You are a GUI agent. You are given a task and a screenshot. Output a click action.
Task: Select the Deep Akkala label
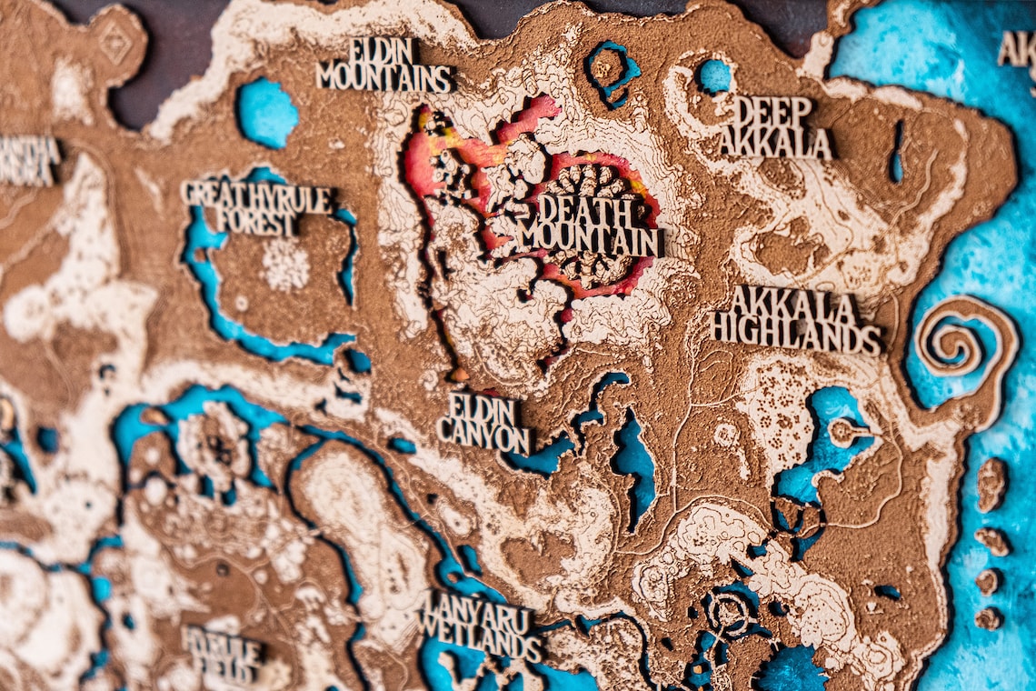(774, 128)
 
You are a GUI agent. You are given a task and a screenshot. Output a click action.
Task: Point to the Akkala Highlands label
(795, 321)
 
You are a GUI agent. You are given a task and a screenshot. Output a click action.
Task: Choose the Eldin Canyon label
(483, 424)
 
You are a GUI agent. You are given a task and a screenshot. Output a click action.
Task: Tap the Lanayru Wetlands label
(480, 626)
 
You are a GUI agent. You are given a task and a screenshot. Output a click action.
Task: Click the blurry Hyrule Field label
(224, 652)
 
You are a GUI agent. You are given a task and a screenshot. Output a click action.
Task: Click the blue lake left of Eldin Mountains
(266, 113)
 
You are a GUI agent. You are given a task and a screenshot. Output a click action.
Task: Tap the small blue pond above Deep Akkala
(714, 75)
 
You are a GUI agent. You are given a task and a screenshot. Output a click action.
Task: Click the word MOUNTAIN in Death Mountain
(590, 242)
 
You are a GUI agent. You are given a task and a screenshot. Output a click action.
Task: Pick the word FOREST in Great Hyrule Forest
(257, 223)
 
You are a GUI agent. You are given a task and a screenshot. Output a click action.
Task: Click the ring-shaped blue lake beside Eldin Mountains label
(611, 70)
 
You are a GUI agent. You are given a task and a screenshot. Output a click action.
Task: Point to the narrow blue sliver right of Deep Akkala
(897, 151)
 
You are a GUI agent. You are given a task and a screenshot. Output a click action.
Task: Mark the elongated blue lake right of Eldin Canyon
(633, 464)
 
